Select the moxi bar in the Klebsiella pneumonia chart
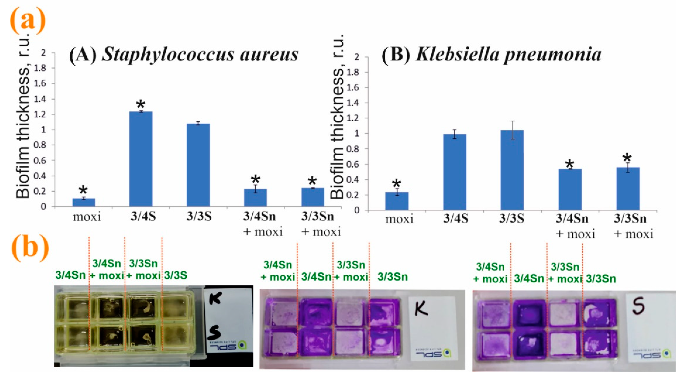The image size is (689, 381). pyautogui.click(x=397, y=201)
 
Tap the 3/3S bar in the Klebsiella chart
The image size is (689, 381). pyautogui.click(x=512, y=170)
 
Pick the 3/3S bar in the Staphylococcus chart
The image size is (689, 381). pyautogui.click(x=198, y=165)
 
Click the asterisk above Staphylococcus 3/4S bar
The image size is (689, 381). pyautogui.click(x=141, y=104)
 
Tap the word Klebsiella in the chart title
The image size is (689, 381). pyautogui.click(x=457, y=55)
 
